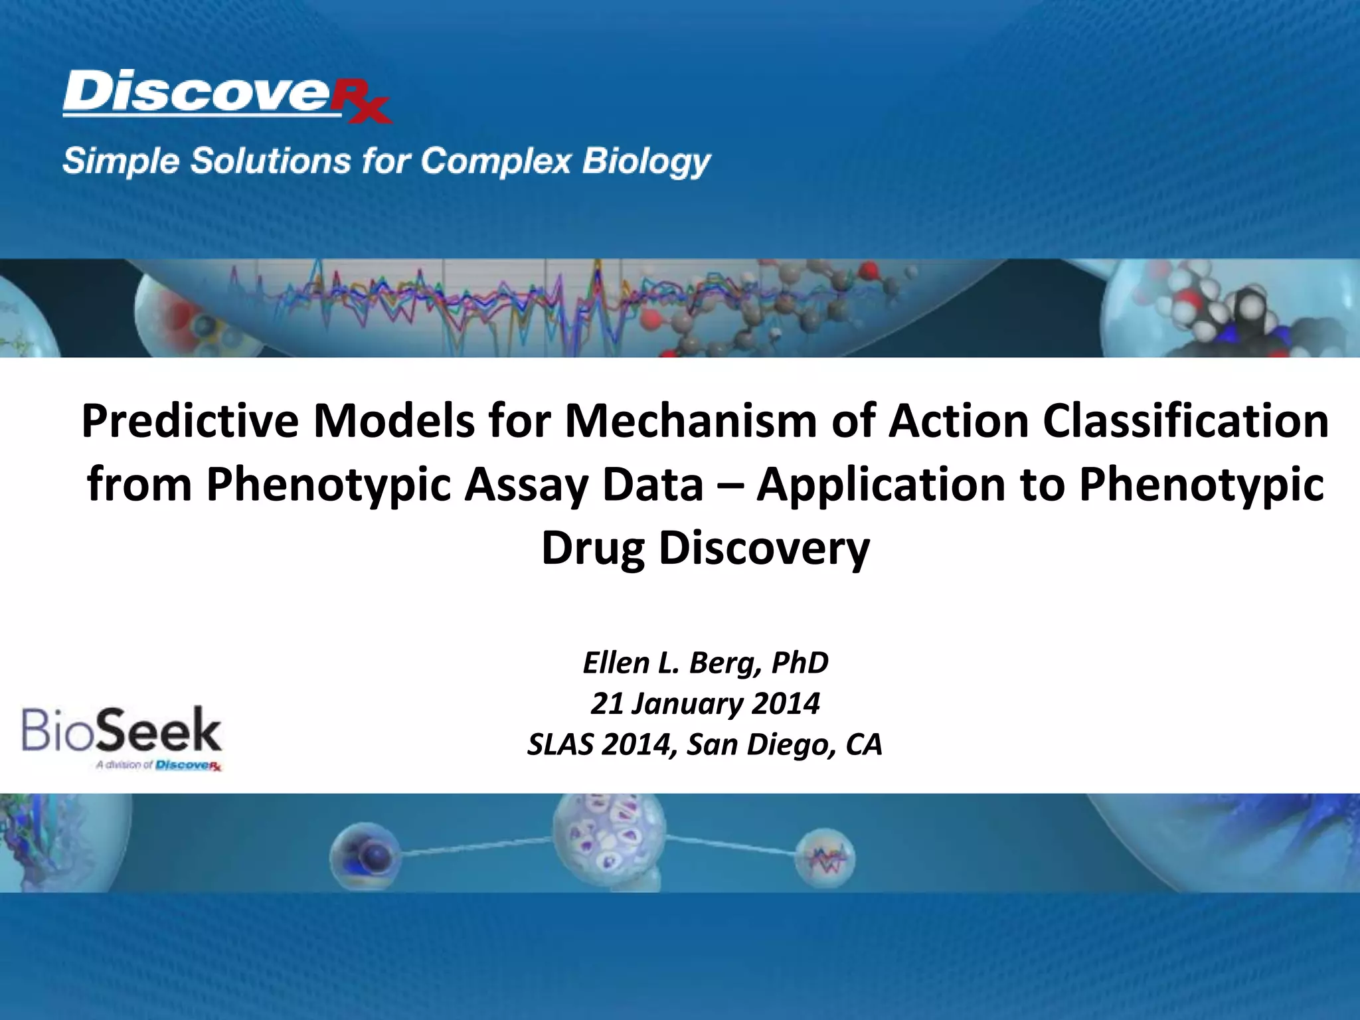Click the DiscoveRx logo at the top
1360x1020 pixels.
pyautogui.click(x=226, y=96)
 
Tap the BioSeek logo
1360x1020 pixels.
pyautogui.click(x=122, y=736)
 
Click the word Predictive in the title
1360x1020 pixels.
pyautogui.click(x=190, y=422)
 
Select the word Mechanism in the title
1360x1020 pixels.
pyautogui.click(x=691, y=422)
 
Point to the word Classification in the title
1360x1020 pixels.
pyautogui.click(x=1186, y=422)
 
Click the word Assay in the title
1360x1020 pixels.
pyautogui.click(x=583, y=485)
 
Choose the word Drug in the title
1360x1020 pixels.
pyautogui.click(x=592, y=548)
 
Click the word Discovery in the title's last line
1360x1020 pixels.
pyautogui.click(x=764, y=548)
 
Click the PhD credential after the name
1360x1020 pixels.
pyautogui.click(x=800, y=663)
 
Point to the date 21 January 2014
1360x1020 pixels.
pyautogui.click(x=705, y=704)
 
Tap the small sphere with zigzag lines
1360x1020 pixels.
pyautogui.click(x=825, y=859)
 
